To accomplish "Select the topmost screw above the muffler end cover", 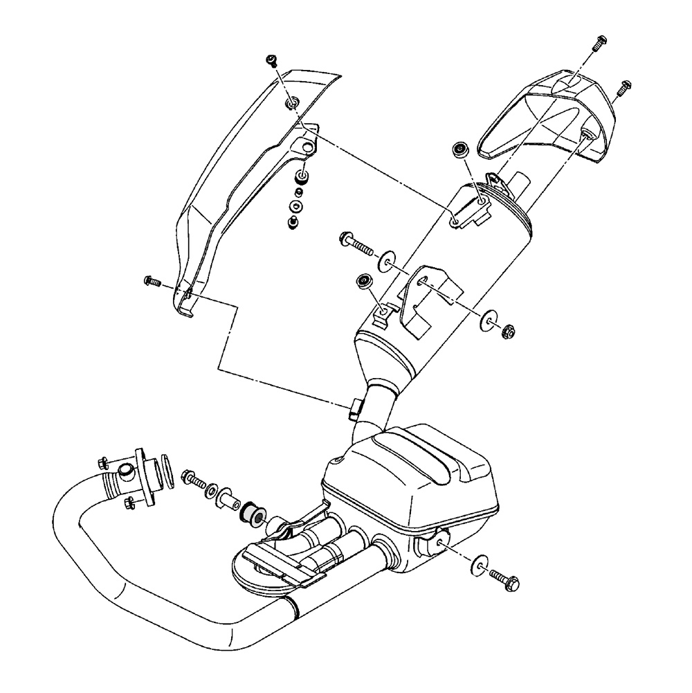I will tap(599, 42).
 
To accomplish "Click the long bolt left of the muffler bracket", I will tap(354, 242).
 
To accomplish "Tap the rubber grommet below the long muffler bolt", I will tap(362, 280).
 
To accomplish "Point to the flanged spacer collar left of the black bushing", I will tap(227, 498).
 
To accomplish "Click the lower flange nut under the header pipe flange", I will tap(129, 503).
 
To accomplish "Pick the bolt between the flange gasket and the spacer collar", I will tap(194, 479).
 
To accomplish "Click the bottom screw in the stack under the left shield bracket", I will tap(293, 222).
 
